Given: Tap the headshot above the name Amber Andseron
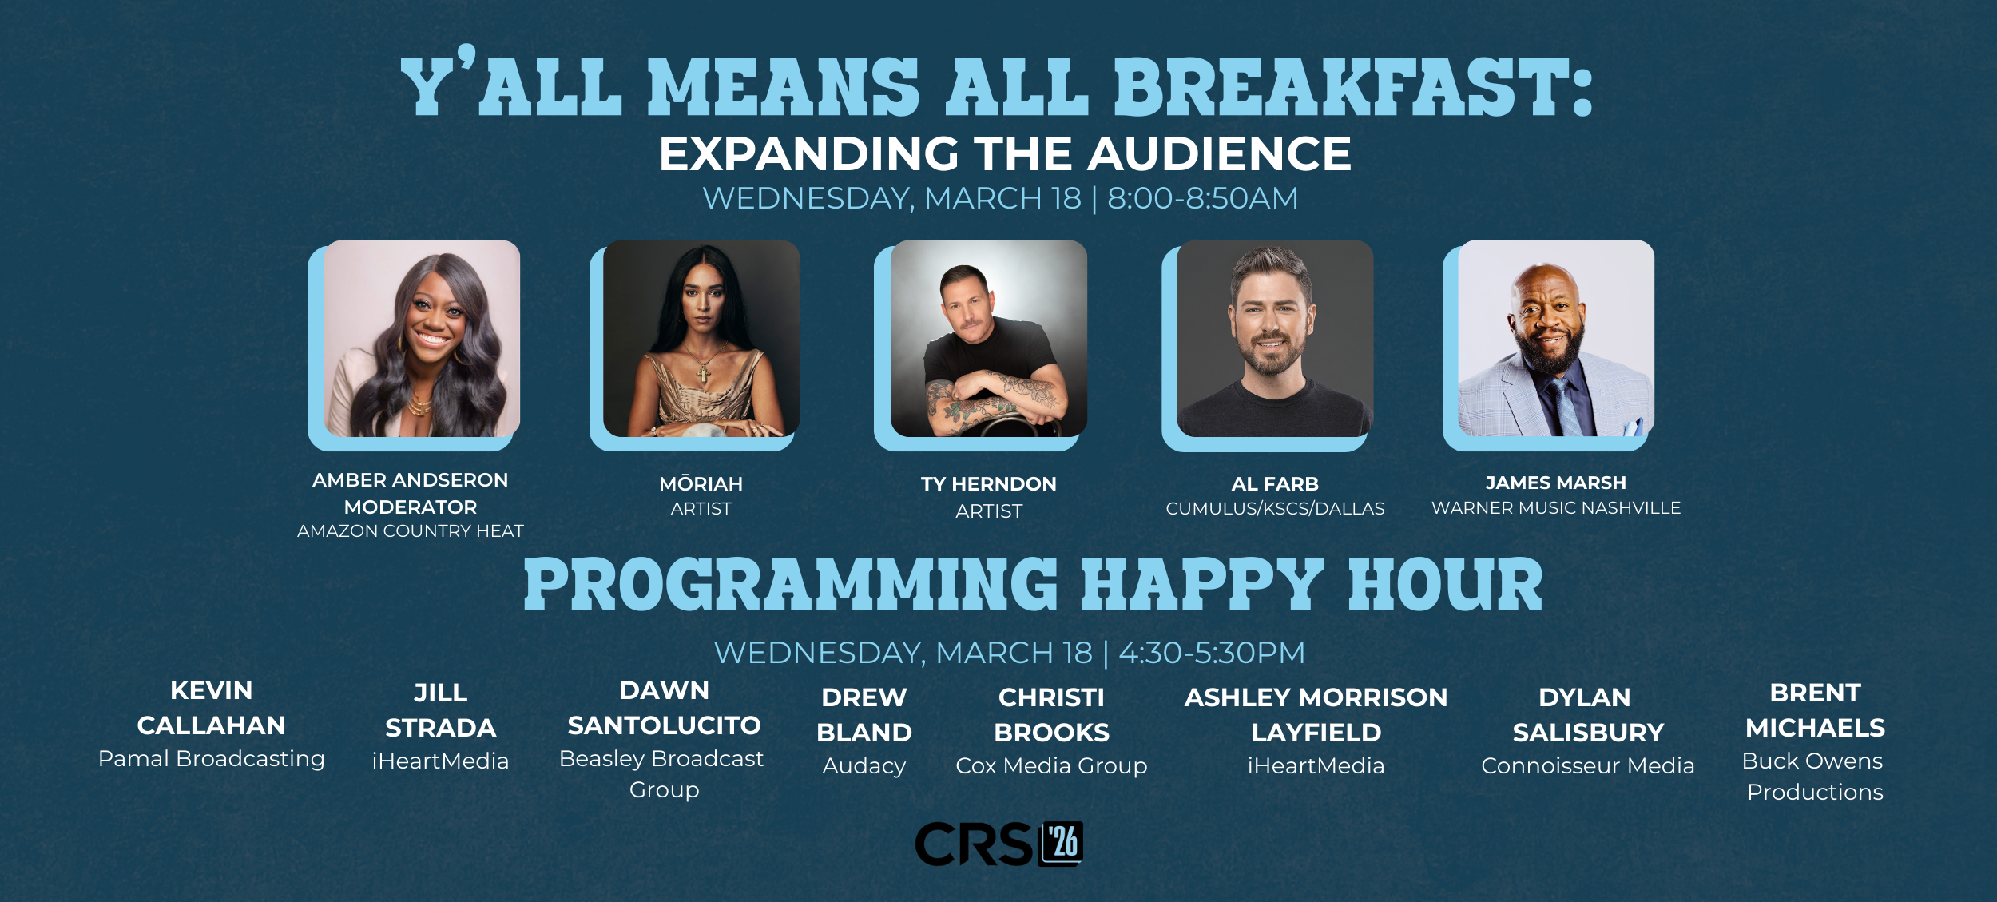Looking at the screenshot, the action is coord(422,339).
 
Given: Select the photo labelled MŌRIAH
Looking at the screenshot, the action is coord(701,339).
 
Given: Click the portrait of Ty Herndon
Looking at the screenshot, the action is coord(989,339).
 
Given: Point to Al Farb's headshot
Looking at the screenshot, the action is coord(1275,339).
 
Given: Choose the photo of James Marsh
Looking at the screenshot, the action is coord(1556,339).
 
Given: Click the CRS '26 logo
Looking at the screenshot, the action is coord(998,844).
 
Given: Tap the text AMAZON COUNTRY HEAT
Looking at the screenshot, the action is coord(411,531).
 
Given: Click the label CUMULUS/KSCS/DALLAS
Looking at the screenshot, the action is coord(1275,509).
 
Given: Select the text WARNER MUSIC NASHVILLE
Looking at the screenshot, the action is coord(1556,508).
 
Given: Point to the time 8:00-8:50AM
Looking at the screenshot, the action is coord(1203,198).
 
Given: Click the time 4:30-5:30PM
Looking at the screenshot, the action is coord(1212,653).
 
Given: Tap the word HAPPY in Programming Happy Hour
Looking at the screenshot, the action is coord(1202,586).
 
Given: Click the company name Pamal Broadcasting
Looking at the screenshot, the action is coord(212,759).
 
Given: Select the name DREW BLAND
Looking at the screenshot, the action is coord(864,715).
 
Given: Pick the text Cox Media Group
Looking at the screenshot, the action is coord(1051,766).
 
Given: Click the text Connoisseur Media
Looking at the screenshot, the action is coord(1588,766).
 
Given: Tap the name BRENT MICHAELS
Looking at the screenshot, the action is coord(1815,710).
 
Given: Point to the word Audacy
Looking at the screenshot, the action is coord(864,767).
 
